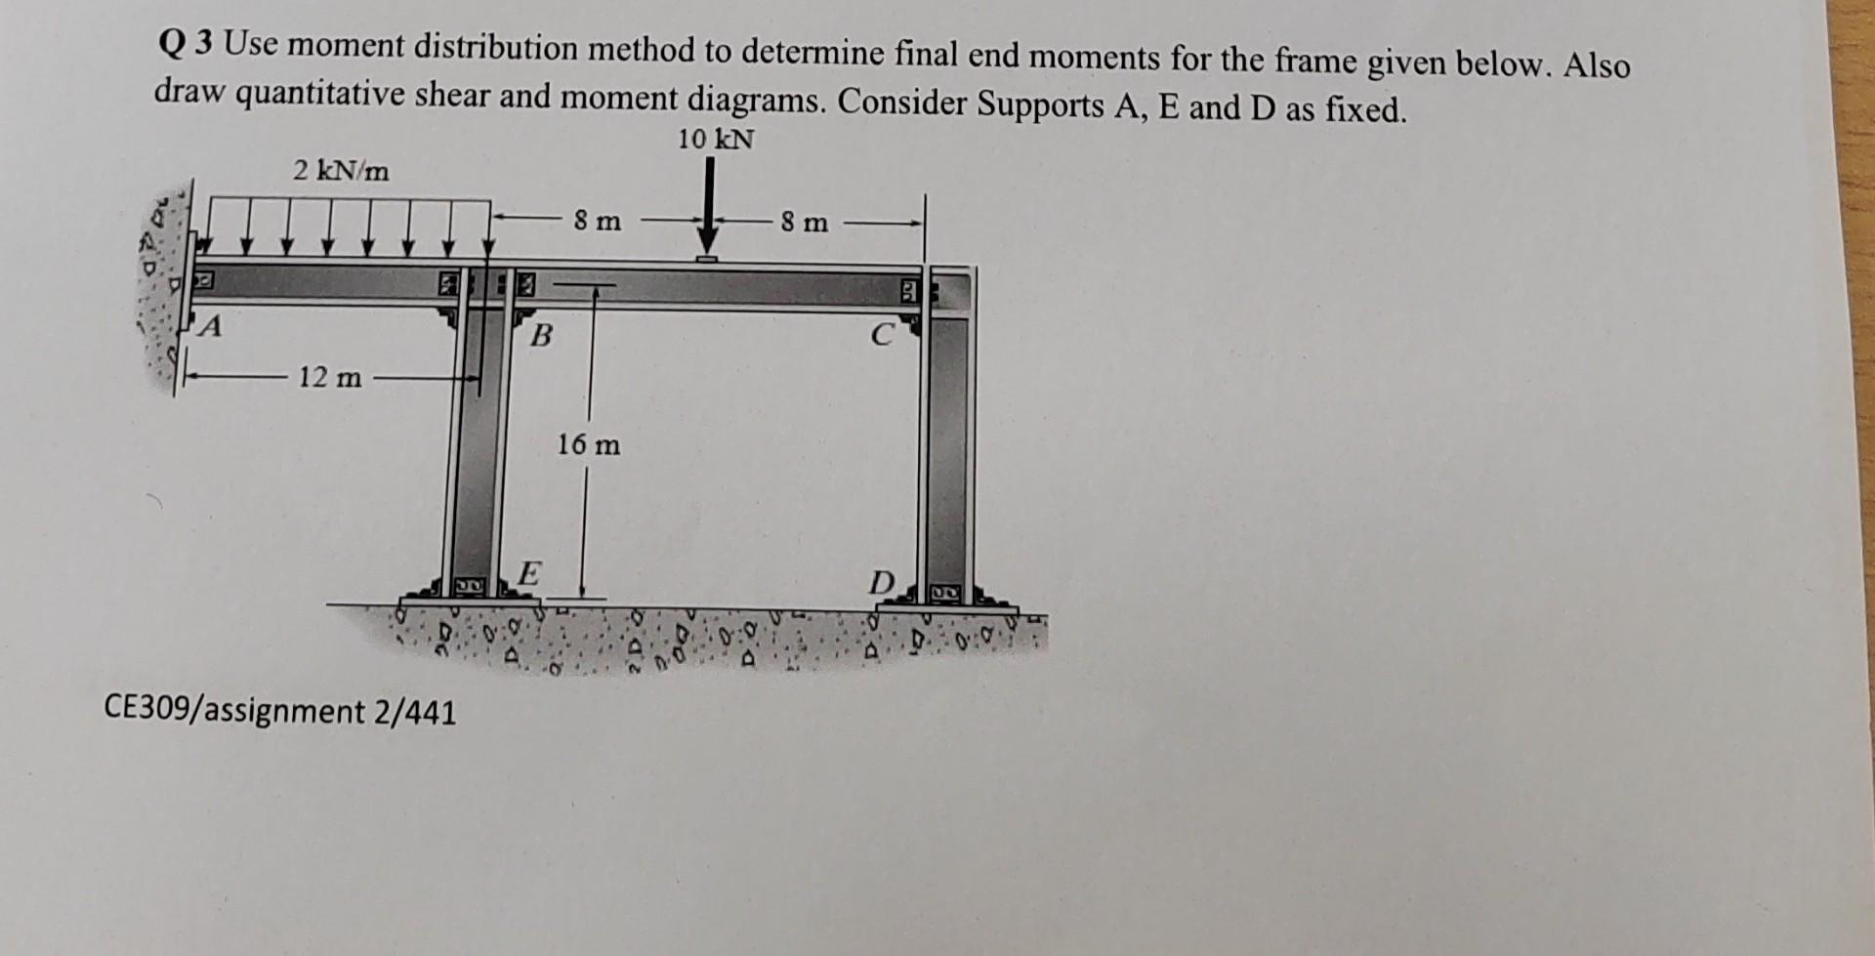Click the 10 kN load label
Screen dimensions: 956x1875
point(716,140)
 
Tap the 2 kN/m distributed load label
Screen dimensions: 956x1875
point(341,172)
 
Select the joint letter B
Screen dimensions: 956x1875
point(539,337)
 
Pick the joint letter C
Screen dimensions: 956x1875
point(881,336)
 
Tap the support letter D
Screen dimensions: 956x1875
point(881,584)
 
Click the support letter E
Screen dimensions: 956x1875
point(527,572)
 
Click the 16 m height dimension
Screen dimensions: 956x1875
point(588,445)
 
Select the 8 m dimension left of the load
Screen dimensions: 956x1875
point(597,221)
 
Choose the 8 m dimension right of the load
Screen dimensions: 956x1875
point(804,223)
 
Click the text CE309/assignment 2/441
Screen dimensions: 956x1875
point(279,711)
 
